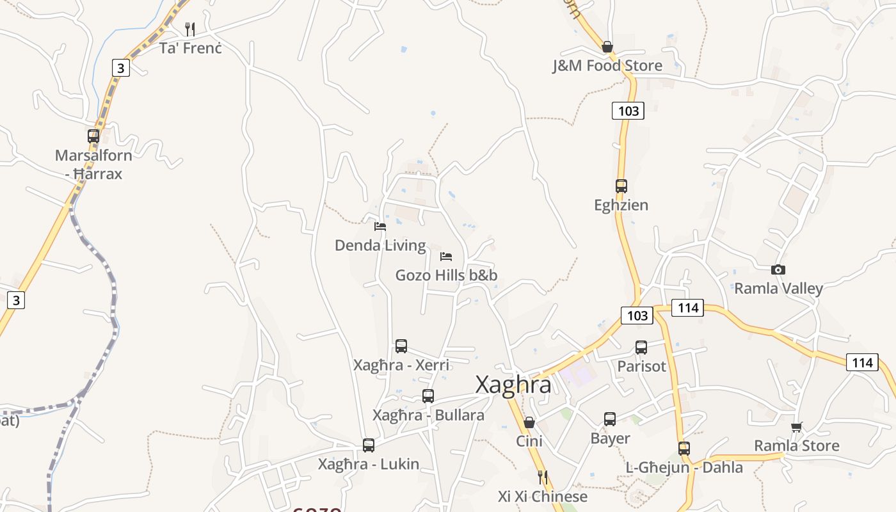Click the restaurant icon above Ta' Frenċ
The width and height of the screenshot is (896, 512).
click(x=189, y=29)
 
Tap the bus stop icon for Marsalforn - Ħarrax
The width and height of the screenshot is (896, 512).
click(x=93, y=136)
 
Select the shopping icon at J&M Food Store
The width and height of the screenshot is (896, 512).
click(x=607, y=47)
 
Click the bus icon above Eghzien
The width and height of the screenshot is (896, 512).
click(x=621, y=186)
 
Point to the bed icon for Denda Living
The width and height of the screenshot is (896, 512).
click(x=380, y=227)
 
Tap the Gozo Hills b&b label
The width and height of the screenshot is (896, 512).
click(x=446, y=275)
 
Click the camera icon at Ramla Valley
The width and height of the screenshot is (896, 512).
click(x=778, y=270)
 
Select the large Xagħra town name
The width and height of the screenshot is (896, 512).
click(x=513, y=385)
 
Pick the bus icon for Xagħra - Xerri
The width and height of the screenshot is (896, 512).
click(x=401, y=346)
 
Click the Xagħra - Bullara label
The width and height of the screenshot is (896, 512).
click(x=428, y=415)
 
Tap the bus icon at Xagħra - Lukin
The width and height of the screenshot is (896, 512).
click(x=369, y=445)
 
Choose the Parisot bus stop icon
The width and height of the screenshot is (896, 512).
click(x=641, y=348)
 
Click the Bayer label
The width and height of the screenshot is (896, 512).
click(x=610, y=438)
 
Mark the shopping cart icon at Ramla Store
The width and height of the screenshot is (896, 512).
click(x=797, y=427)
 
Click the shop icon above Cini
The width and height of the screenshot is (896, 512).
click(x=529, y=422)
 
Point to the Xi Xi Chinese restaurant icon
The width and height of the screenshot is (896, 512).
click(x=543, y=477)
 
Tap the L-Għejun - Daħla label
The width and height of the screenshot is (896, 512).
click(x=684, y=467)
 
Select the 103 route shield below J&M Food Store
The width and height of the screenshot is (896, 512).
click(x=628, y=111)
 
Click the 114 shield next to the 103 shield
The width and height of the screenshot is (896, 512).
click(x=688, y=308)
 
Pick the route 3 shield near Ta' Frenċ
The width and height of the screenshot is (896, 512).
click(x=120, y=67)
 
